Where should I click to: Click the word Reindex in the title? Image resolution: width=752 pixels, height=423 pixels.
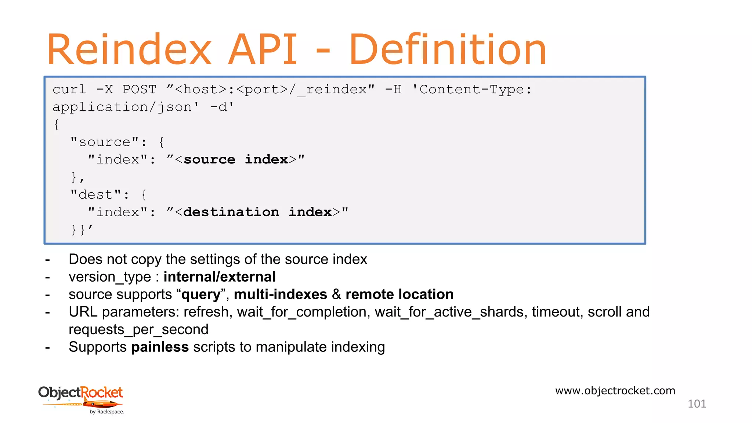[129, 50]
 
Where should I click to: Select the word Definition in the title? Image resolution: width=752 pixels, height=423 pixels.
[448, 50]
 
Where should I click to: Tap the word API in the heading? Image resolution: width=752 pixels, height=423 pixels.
[262, 50]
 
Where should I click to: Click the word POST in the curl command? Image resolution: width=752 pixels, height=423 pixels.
[140, 90]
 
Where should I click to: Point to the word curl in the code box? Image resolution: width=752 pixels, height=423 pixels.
[69, 90]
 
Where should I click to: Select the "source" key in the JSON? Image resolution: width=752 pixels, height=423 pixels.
[105, 142]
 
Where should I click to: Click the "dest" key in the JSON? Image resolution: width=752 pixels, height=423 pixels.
[96, 195]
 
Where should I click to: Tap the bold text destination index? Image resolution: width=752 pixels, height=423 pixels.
[257, 212]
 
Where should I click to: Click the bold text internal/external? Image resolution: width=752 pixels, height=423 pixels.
[219, 277]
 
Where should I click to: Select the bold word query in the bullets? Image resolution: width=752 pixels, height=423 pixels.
[200, 294]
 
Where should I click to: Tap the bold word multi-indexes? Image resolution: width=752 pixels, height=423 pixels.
[280, 294]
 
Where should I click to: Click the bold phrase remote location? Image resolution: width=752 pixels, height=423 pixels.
[399, 294]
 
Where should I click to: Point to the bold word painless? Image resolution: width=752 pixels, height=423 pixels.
[160, 347]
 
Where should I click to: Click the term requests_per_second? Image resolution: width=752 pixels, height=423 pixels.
[138, 329]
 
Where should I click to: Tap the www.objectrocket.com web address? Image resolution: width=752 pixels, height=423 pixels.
[615, 391]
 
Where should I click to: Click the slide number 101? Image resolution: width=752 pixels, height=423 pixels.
[697, 404]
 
